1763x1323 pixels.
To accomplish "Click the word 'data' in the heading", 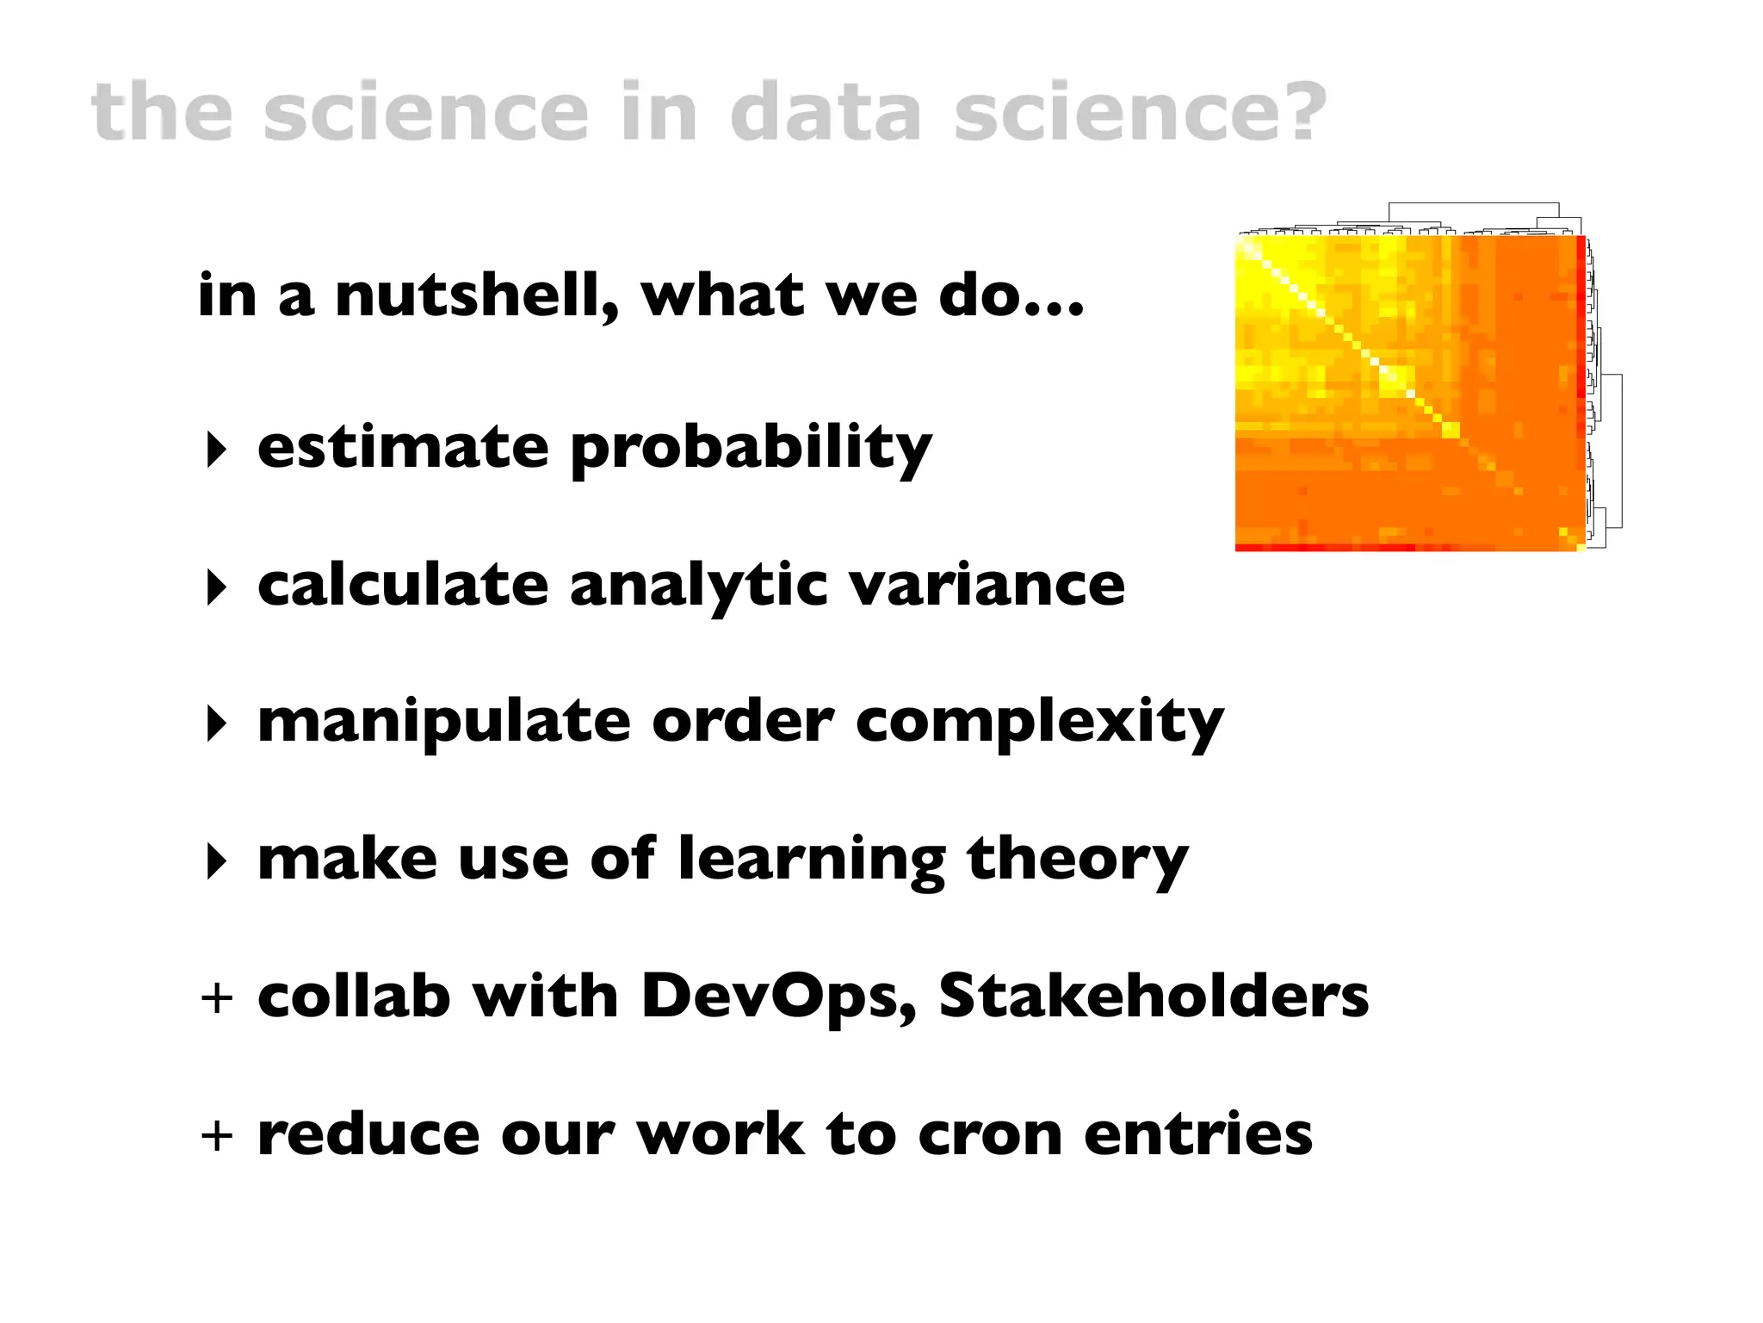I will click(x=826, y=112).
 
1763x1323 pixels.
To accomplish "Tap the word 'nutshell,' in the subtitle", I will click(x=476, y=295).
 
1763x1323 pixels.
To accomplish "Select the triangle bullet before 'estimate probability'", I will click(x=216, y=450).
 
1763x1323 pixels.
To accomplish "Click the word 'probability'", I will click(x=751, y=450).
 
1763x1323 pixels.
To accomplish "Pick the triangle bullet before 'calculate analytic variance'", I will click(x=216, y=587).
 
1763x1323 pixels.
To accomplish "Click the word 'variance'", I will click(x=987, y=586).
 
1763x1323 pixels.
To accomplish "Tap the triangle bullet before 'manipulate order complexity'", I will click(x=216, y=724).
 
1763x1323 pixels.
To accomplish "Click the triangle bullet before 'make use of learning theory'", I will click(x=216, y=860).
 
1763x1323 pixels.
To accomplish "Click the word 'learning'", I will click(x=812, y=860).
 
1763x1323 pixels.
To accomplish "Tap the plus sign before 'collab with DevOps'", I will click(x=217, y=998).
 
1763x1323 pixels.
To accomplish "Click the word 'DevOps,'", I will click(x=779, y=997).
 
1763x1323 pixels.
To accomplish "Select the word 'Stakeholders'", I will click(x=1153, y=997).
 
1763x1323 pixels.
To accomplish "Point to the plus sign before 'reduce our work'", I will click(x=217, y=1135).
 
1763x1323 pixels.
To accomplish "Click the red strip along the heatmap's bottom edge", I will click(x=1377, y=548).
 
